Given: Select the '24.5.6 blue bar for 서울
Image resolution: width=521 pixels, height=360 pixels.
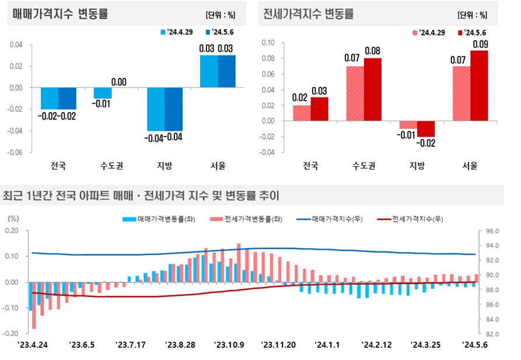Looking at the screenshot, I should [227, 71].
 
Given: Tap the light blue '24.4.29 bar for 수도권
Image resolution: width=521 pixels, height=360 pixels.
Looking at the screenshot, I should [103, 93].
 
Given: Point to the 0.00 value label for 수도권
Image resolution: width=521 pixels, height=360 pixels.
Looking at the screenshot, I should [119, 82].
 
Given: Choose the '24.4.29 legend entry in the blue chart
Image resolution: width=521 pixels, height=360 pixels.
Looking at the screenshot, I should [179, 32].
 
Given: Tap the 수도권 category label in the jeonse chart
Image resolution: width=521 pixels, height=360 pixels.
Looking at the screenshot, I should [364, 165].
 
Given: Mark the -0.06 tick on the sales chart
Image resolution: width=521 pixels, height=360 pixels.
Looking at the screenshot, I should [15, 152].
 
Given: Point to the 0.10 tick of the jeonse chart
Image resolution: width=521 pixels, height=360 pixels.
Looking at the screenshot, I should [267, 43].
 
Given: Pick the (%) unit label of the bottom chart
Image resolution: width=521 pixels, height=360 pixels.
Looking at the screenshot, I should [13, 218].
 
